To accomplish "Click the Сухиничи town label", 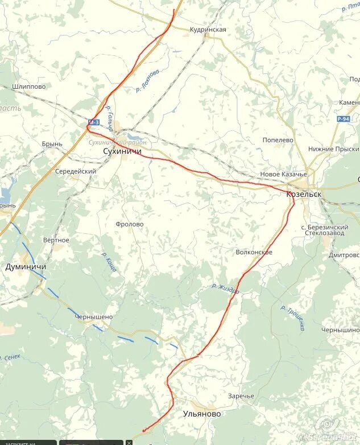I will (x=122, y=152).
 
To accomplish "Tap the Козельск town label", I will (x=304, y=195).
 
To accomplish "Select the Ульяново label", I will (x=201, y=414).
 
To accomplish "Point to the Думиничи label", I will (x=26, y=266).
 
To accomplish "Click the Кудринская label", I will (x=208, y=30).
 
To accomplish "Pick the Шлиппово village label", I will (x=28, y=86).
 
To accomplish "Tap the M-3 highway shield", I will (x=93, y=122).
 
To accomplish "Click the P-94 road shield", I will (x=343, y=119).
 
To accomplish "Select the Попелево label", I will (x=278, y=139).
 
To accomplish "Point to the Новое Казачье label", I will (x=283, y=174).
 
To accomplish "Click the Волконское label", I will (x=254, y=252).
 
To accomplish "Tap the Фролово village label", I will (x=129, y=224).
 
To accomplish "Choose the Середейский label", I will (x=76, y=171).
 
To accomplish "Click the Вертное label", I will (x=56, y=240).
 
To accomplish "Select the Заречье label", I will (x=241, y=395).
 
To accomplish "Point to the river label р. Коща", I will (x=109, y=262).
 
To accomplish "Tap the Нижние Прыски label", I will (x=334, y=149).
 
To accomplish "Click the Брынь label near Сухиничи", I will (x=52, y=144).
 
